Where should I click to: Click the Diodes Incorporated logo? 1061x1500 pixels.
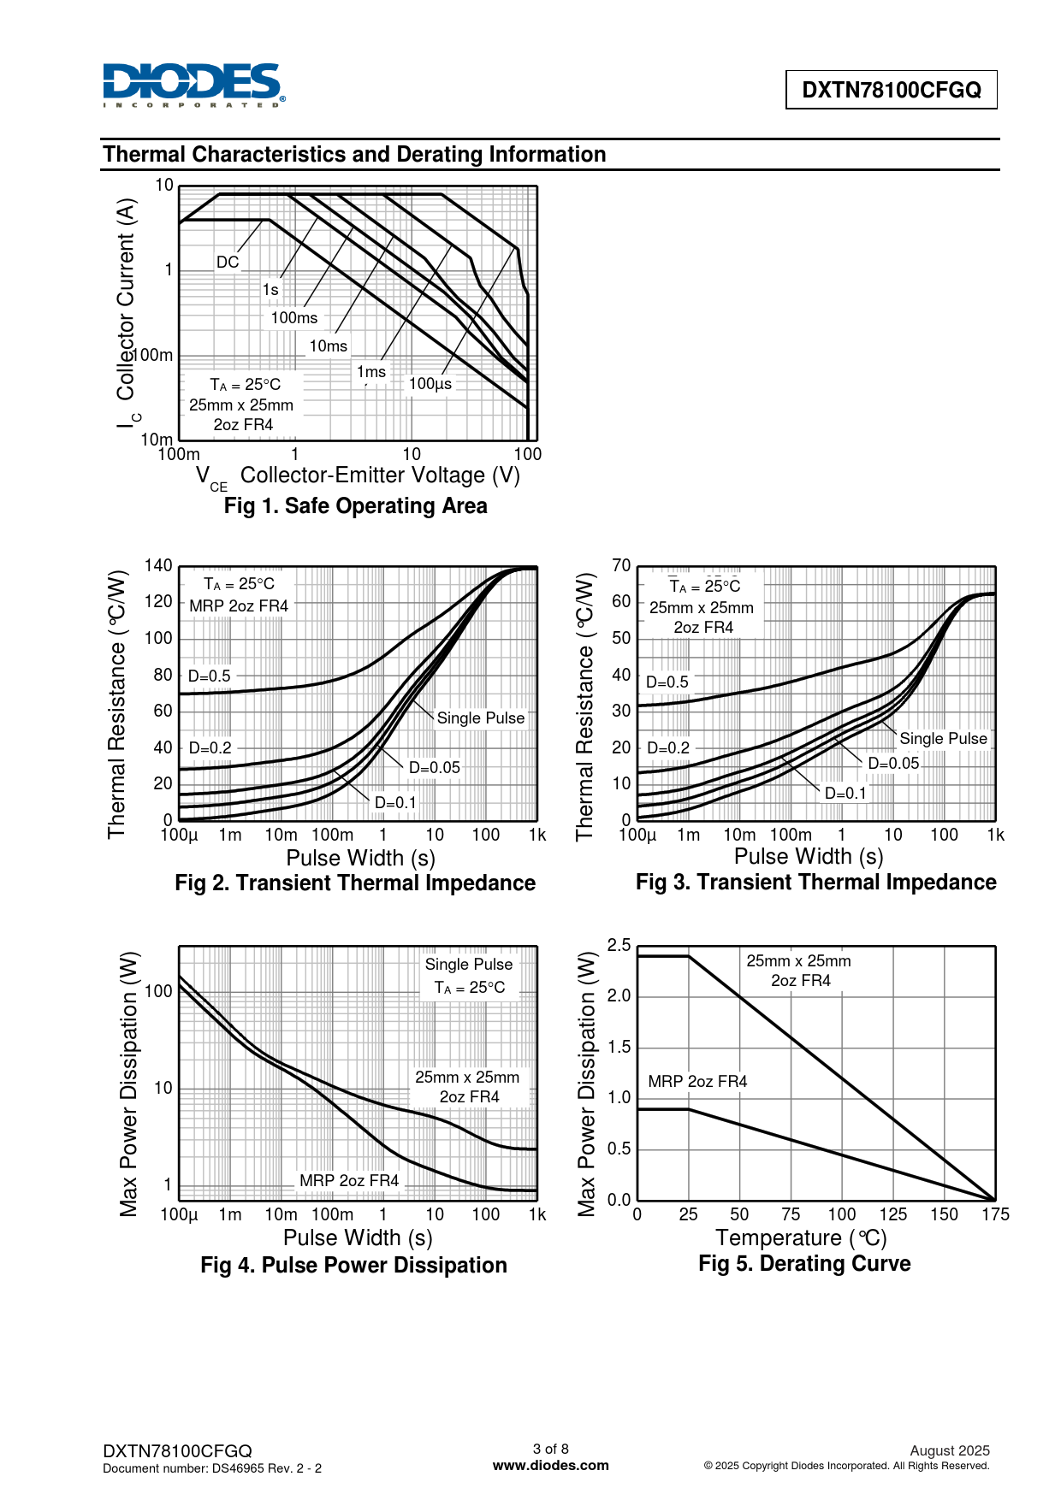click(193, 86)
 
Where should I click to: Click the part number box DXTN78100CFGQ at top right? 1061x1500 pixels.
click(891, 90)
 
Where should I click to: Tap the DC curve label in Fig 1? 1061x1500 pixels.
click(228, 263)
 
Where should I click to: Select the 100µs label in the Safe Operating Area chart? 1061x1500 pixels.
click(430, 384)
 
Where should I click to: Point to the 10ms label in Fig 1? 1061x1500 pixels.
click(329, 346)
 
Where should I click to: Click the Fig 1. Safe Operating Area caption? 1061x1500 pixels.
click(355, 506)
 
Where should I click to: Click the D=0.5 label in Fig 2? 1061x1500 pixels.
click(210, 676)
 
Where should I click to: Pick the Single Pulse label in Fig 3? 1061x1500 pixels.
click(943, 739)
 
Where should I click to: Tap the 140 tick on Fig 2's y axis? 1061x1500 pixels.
click(158, 566)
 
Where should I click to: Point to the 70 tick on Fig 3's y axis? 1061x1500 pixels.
click(621, 566)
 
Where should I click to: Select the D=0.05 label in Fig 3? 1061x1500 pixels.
click(893, 764)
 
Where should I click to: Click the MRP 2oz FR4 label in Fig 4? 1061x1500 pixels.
click(349, 1181)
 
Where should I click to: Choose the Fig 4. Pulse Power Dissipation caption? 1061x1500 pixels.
click(353, 1266)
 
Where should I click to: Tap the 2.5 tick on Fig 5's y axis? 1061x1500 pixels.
click(619, 946)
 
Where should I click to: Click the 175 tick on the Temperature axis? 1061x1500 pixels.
click(995, 1215)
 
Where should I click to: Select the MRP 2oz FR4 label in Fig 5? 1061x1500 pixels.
click(697, 1082)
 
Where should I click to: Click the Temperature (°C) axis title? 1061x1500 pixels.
click(801, 1238)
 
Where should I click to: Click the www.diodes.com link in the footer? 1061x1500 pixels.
click(551, 1466)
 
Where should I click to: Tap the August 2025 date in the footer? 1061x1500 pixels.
click(950, 1451)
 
